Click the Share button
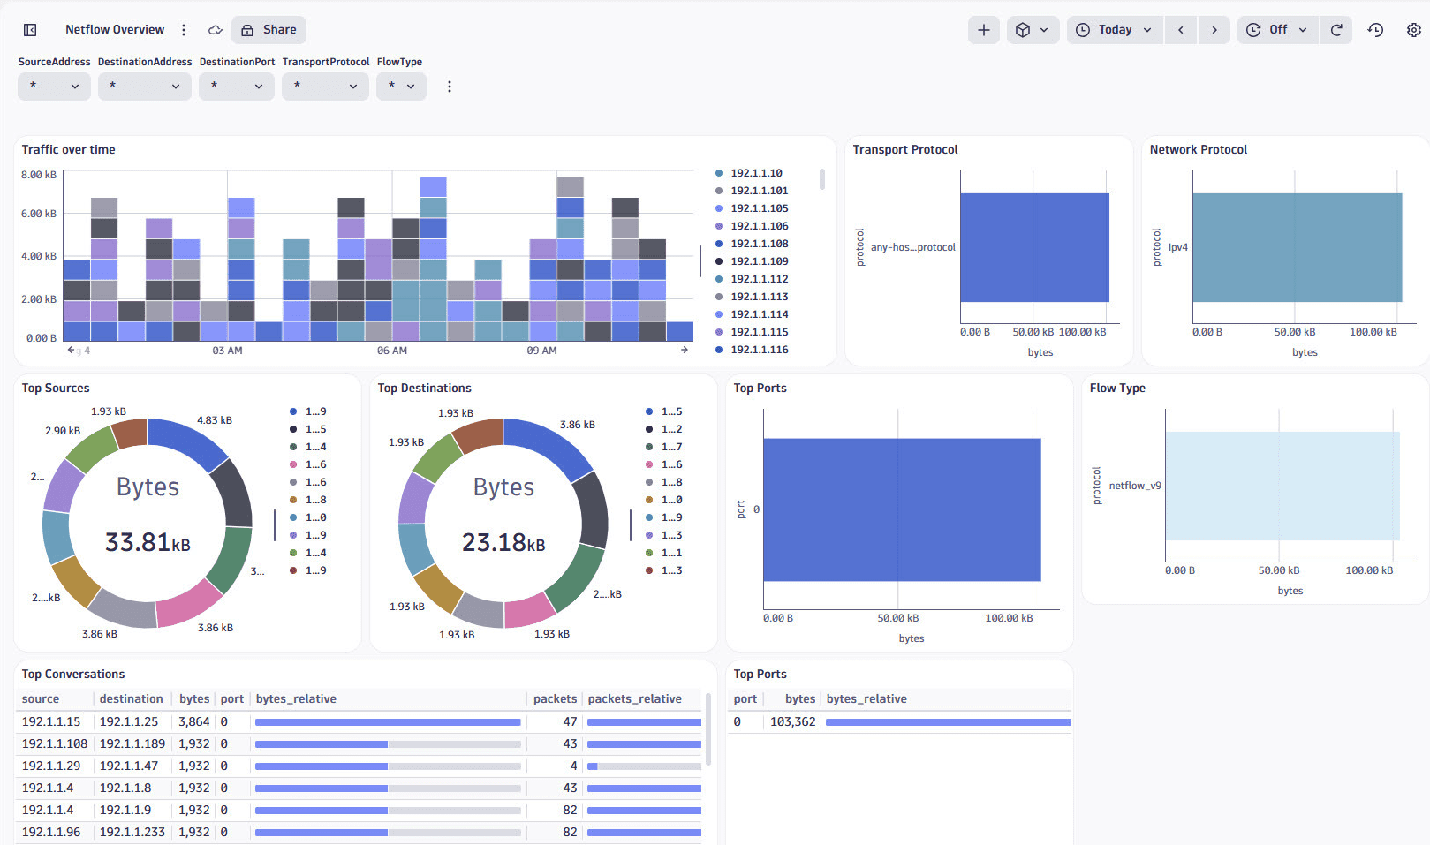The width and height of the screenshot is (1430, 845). pyautogui.click(x=269, y=30)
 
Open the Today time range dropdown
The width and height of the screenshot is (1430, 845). pyautogui.click(x=1115, y=30)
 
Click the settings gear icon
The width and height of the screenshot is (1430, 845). pyautogui.click(x=1413, y=30)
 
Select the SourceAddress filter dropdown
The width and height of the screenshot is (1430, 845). pyautogui.click(x=54, y=87)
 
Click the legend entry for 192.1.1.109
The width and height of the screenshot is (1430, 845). pyautogui.click(x=759, y=261)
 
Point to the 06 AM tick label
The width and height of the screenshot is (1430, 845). pyautogui.click(x=392, y=351)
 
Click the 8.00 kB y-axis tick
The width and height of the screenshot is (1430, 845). pyautogui.click(x=39, y=175)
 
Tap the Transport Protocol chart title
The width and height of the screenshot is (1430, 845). pyautogui.click(x=904, y=150)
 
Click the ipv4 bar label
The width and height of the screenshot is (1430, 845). pyautogui.click(x=1177, y=247)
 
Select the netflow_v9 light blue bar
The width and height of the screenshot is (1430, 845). pyautogui.click(x=1282, y=486)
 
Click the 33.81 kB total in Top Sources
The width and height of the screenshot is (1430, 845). pyautogui.click(x=148, y=542)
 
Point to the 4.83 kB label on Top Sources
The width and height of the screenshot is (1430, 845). pyautogui.click(x=215, y=420)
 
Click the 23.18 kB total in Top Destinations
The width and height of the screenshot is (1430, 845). pyautogui.click(x=503, y=542)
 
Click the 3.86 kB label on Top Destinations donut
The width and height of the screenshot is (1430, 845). pyautogui.click(x=578, y=425)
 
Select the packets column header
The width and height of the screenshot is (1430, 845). pyautogui.click(x=555, y=698)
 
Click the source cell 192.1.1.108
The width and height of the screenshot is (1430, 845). pyautogui.click(x=55, y=743)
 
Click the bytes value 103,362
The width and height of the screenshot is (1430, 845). pyautogui.click(x=792, y=721)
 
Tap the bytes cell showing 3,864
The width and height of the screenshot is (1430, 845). pyautogui.click(x=194, y=721)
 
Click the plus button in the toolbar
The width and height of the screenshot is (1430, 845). pyautogui.click(x=983, y=30)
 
